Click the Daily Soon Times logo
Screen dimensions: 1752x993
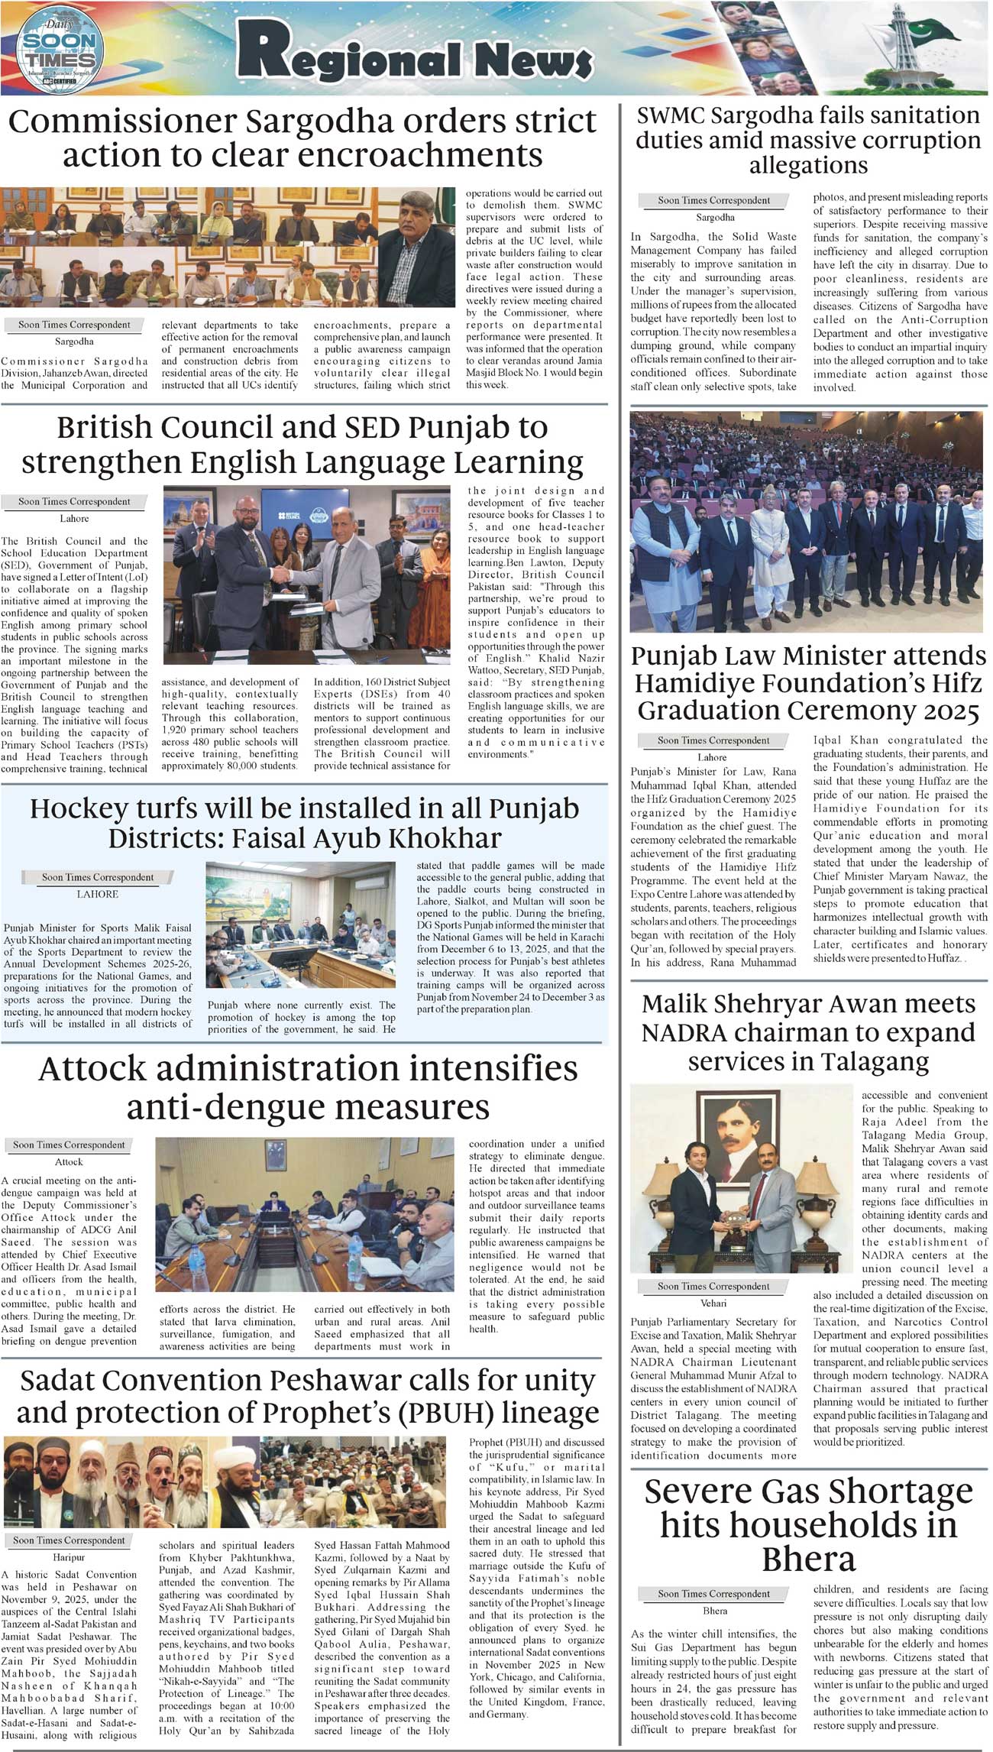click(59, 48)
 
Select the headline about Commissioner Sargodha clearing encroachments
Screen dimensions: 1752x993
click(302, 138)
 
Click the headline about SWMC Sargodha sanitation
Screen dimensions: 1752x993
click(808, 140)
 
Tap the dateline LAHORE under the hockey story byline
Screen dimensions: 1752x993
click(97, 894)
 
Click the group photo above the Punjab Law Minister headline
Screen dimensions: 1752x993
click(807, 522)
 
